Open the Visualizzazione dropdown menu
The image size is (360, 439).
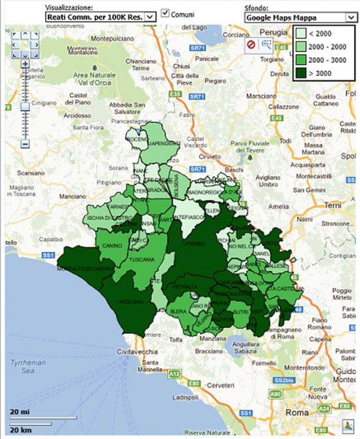pyautogui.click(x=100, y=15)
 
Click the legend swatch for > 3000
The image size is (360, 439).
pyautogui.click(x=301, y=73)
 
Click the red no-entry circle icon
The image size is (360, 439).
pyautogui.click(x=251, y=44)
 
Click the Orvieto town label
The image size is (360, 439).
pyautogui.click(x=211, y=157)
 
